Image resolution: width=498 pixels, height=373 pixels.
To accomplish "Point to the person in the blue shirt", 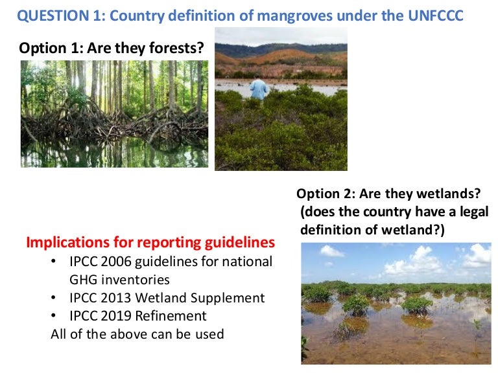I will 260,88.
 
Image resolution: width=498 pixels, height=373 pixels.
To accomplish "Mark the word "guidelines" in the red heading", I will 237,243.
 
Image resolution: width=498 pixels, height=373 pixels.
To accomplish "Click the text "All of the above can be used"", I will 137,334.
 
